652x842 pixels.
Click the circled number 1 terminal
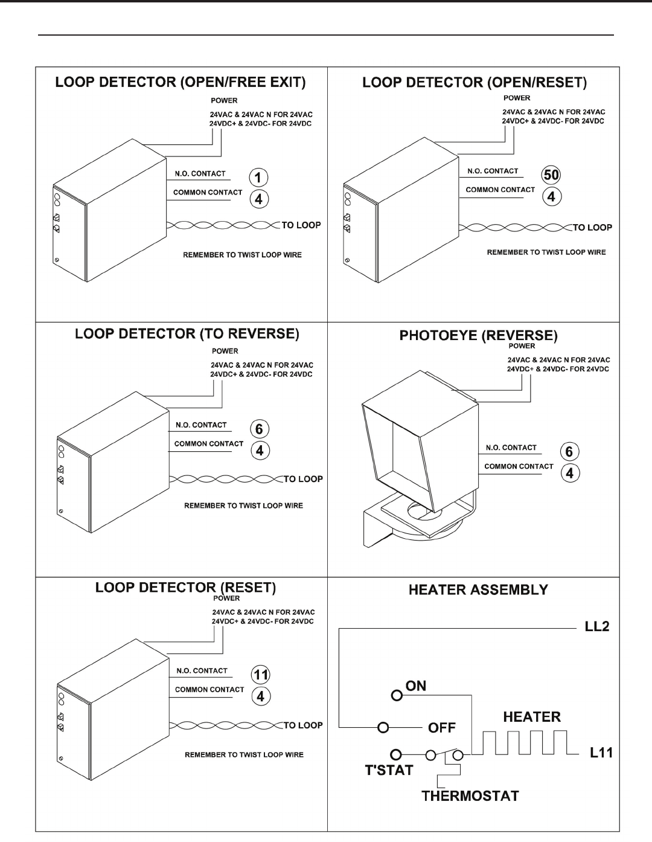click(258, 178)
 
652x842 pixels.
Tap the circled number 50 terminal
click(551, 175)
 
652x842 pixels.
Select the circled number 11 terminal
click(260, 675)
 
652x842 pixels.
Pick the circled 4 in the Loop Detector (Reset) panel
click(260, 696)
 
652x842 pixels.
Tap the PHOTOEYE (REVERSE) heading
click(477, 335)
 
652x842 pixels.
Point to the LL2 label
click(597, 626)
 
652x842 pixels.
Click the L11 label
click(601, 753)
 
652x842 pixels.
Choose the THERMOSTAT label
click(470, 795)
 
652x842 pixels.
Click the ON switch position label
click(416, 686)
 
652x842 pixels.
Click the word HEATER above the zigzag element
click(532, 717)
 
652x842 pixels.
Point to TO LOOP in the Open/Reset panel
click(592, 228)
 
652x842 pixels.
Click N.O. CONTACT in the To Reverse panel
click(201, 425)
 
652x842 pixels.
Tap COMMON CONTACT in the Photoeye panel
click(519, 466)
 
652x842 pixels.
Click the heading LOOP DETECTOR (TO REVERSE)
click(187, 333)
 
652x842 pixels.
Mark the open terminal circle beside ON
click(397, 695)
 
